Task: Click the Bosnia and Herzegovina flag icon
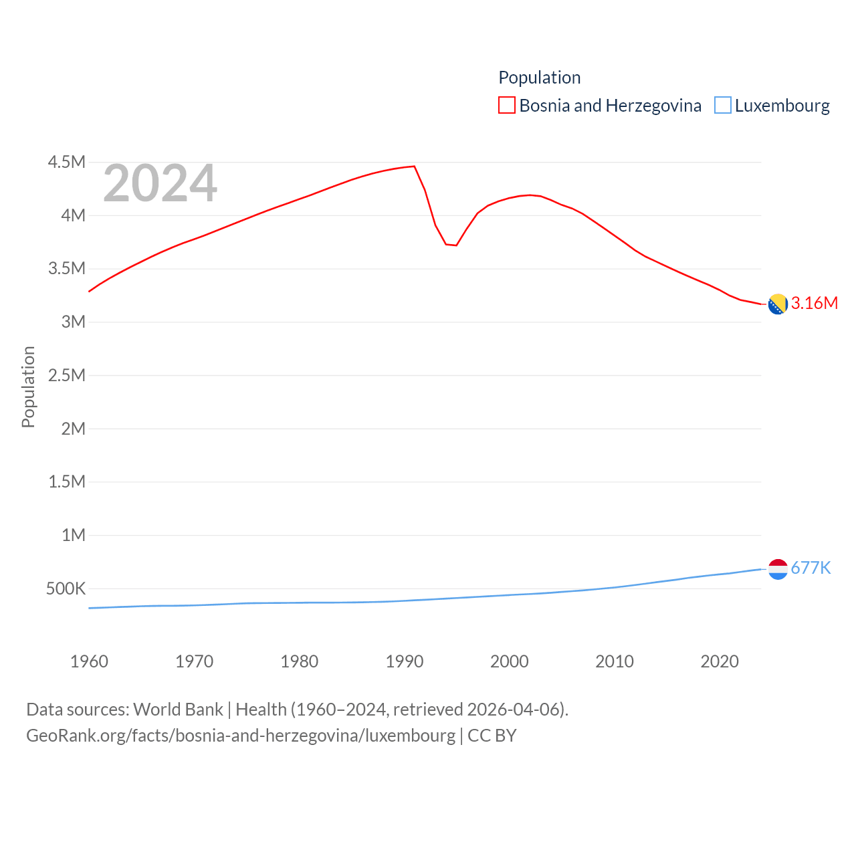point(778,304)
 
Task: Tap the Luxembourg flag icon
point(778,569)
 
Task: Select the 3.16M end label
point(815,303)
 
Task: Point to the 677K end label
point(811,568)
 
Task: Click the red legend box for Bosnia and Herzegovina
point(507,106)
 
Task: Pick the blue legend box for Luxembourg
point(723,106)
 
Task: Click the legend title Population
point(539,78)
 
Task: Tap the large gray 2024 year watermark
point(160,183)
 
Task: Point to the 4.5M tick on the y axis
point(67,162)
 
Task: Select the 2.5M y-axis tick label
point(67,375)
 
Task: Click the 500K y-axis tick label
point(66,588)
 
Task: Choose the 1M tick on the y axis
point(74,535)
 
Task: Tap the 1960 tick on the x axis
point(89,661)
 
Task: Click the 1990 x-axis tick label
point(405,661)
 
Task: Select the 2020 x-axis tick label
point(720,661)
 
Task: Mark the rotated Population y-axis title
point(28,387)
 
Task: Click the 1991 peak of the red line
point(414,166)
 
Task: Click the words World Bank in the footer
point(178,709)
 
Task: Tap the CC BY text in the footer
point(492,736)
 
